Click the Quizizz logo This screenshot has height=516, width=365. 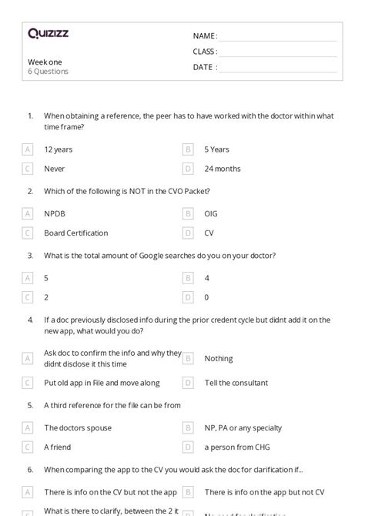48,33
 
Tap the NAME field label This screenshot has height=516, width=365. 205,35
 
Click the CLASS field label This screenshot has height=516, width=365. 205,52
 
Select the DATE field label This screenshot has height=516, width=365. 204,67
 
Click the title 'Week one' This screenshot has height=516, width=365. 45,62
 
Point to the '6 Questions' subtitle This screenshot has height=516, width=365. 48,72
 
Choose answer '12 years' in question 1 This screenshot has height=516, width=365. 59,149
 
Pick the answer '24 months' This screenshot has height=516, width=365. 223,169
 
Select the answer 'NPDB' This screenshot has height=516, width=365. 55,213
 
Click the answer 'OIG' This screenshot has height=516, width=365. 211,213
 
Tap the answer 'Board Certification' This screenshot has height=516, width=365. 75,233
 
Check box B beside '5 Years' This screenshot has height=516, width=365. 188,149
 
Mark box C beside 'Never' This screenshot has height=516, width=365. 28,169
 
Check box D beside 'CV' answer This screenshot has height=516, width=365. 188,233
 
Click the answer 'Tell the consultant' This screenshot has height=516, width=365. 236,383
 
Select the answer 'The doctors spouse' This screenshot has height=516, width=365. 78,427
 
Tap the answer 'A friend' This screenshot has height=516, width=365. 58,447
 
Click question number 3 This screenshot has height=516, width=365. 30,255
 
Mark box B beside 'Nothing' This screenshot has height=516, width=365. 188,358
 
